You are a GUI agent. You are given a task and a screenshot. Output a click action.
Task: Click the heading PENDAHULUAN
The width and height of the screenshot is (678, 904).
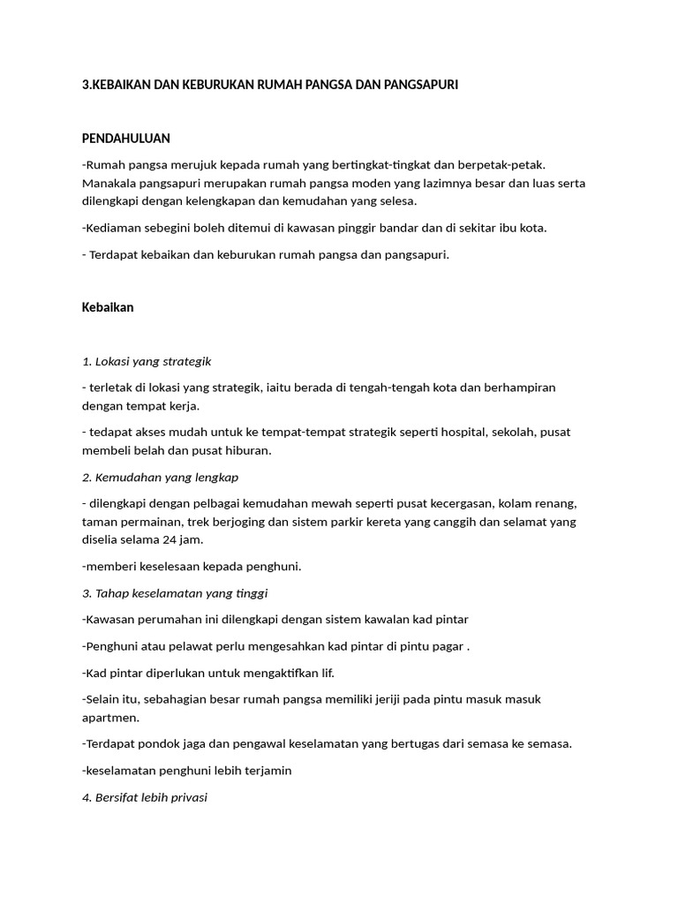[125, 139]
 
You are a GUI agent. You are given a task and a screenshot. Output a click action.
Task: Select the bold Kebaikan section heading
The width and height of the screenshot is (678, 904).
[107, 308]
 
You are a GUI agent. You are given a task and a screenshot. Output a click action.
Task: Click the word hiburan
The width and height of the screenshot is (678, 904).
[249, 450]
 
